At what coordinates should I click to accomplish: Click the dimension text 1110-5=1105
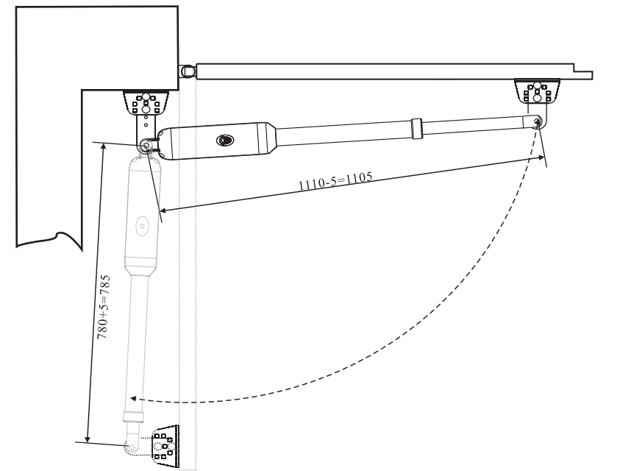tap(335, 181)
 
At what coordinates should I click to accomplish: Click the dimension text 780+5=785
tap(104, 307)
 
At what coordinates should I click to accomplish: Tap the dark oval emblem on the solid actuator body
tap(225, 140)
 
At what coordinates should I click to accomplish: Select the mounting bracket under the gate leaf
tap(537, 91)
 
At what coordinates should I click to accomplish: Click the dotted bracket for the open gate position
tap(165, 447)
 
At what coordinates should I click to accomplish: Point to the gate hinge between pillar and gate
tap(188, 71)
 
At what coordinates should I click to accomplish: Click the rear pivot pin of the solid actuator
tap(146, 146)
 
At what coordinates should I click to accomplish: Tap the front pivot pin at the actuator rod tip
tap(538, 121)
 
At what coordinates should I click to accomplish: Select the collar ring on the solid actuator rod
tap(416, 129)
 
